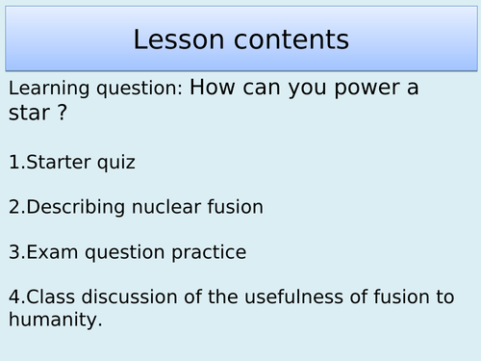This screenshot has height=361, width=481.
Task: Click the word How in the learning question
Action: point(215,88)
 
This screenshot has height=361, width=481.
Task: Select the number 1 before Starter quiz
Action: point(13,162)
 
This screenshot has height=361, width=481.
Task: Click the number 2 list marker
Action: point(13,207)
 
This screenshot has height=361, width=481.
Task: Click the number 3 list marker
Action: point(13,252)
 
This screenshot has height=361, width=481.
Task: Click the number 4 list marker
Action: point(13,297)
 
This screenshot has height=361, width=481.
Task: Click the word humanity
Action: point(53,320)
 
